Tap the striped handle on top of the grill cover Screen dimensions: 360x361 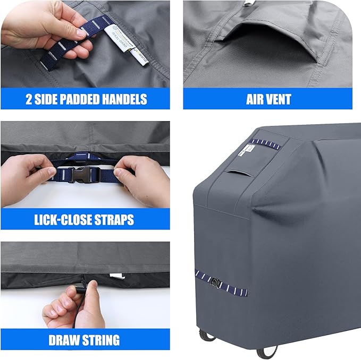point(266,144)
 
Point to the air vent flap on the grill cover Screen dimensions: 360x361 point(234,178)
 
